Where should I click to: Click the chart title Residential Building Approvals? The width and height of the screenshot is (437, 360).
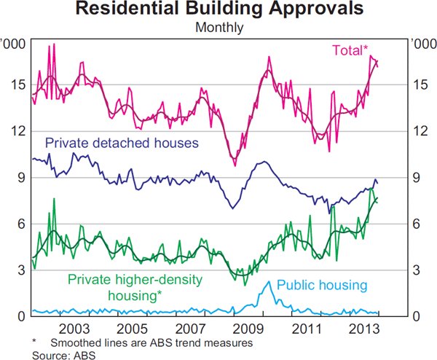pyautogui.click(x=218, y=10)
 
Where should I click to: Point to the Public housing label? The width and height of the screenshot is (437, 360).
pyautogui.click(x=321, y=285)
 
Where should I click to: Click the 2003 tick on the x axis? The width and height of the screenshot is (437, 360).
pyautogui.click(x=76, y=329)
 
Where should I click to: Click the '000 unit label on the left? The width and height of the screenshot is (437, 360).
pyautogui.click(x=15, y=44)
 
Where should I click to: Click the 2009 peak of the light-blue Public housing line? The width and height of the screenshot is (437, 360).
pyautogui.click(x=269, y=281)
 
